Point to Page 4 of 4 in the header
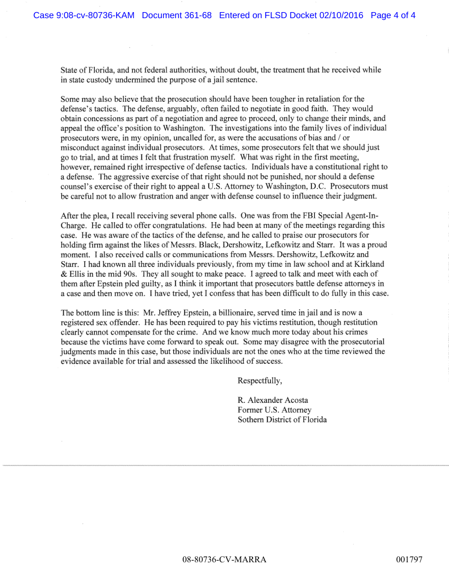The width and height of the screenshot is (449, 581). pos(393,15)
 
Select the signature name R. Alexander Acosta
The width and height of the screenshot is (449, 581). pos(272,400)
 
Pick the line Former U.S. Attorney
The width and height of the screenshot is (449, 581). pos(274,410)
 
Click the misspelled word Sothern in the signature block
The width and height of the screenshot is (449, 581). pos(251,420)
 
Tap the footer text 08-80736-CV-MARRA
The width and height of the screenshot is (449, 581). pos(225,560)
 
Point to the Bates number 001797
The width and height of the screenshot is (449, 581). pos(409,560)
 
